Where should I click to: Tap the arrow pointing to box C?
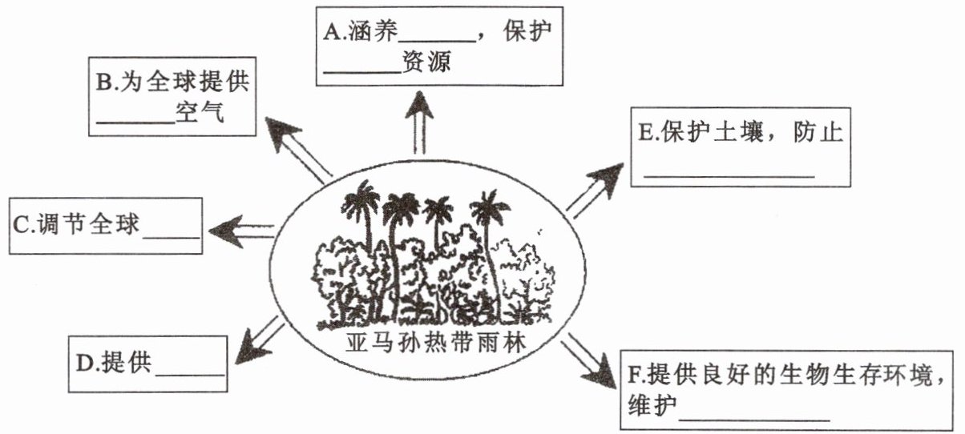241,231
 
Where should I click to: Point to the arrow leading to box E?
596,191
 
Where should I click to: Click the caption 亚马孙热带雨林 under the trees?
435,344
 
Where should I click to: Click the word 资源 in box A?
426,62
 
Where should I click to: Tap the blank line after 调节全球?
172,237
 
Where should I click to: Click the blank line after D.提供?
191,376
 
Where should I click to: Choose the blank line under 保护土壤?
729,176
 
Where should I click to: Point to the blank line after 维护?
754,420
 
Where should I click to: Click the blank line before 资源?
362,72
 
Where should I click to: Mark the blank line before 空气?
135,122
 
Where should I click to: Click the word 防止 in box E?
818,131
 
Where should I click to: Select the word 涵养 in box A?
373,31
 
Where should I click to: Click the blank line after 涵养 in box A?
438,42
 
